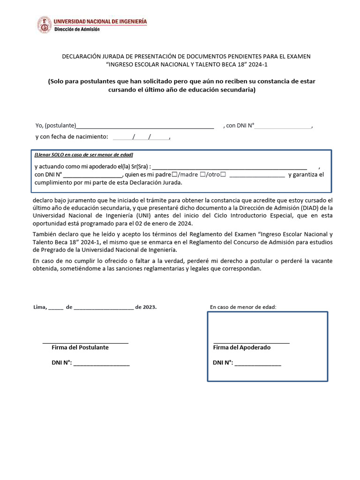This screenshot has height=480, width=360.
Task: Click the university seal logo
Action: point(45,24)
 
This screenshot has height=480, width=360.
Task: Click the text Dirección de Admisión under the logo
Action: point(77,29)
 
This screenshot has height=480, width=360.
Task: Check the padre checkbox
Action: point(175,175)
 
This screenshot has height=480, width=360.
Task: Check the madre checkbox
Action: point(202,175)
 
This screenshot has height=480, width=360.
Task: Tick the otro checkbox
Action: point(223,175)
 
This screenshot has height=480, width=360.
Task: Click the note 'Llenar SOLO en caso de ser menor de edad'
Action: point(84,155)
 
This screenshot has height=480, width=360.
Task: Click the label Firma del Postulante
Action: point(80,347)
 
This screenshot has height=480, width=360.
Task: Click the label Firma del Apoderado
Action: point(242,347)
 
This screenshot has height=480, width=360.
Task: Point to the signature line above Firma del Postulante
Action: point(85,343)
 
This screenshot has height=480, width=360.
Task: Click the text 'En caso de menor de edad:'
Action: point(243,307)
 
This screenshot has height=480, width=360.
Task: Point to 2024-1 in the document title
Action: point(259,65)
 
